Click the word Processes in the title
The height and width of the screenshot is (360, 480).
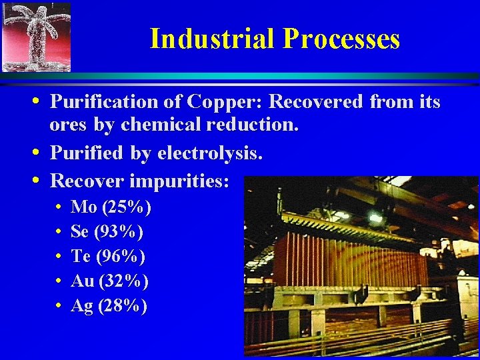[341, 39]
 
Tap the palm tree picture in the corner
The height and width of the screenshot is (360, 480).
[36, 37]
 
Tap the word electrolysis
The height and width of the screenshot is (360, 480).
[210, 154]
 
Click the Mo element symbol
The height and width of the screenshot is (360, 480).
[83, 207]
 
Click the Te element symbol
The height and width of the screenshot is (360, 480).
[80, 257]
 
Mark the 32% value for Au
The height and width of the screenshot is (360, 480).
[123, 281]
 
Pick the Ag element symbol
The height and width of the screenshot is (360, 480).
[82, 306]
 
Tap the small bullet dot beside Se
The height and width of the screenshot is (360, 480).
[59, 233]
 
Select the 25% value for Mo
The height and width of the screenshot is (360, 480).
[126, 207]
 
